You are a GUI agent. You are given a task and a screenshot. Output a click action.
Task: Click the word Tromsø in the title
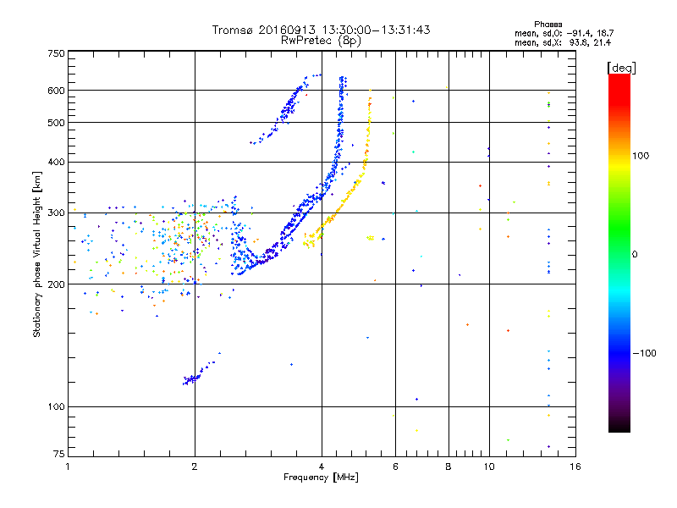point(233,30)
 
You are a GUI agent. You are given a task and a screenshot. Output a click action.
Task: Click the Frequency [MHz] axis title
point(320,478)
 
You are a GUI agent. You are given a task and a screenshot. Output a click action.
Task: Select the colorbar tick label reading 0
point(635,254)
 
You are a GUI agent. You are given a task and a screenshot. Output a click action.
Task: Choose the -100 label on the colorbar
point(644,353)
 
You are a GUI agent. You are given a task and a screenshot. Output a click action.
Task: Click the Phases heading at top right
point(548,24)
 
